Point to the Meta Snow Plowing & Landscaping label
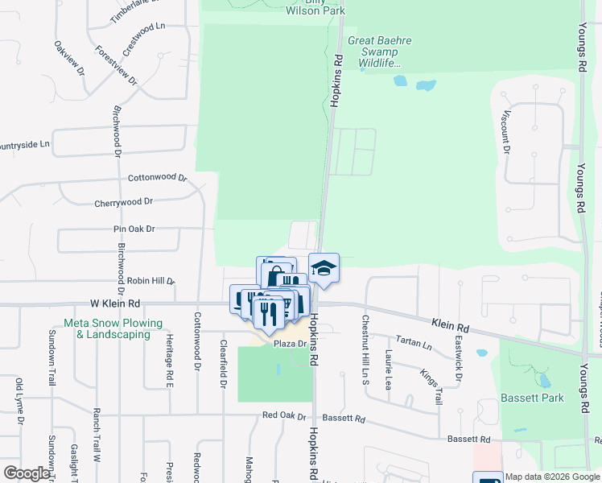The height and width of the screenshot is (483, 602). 113,328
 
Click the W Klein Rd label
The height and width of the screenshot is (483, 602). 115,303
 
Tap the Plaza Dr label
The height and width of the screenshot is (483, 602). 290,344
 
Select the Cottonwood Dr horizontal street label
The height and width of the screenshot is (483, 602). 157,177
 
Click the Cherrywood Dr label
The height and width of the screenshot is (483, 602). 123,203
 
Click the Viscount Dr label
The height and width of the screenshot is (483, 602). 506,132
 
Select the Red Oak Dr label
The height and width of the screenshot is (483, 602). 284,416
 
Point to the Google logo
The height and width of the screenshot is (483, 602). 27,473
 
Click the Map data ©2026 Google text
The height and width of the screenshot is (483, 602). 551,477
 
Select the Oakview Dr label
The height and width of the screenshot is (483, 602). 70,58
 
